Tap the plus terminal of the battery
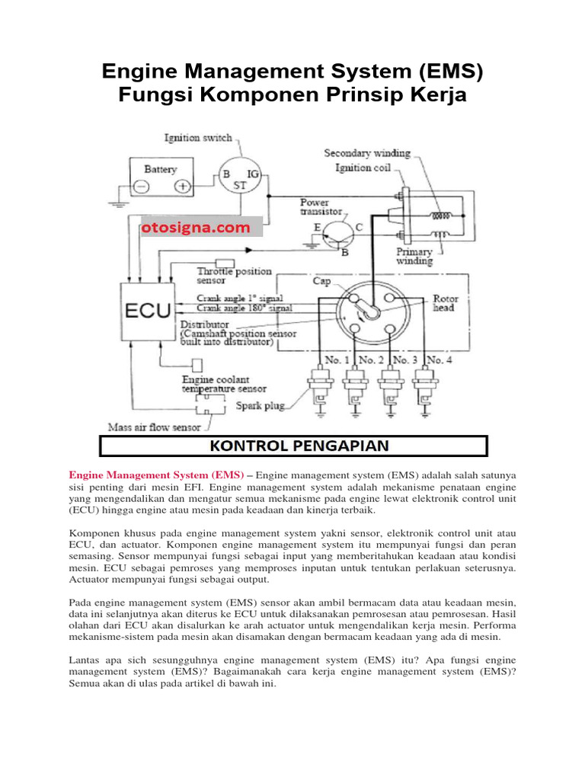pyautogui.click(x=181, y=187)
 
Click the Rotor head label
pyautogui.click(x=445, y=303)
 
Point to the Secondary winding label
pyautogui.click(x=367, y=153)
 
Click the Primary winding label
pyautogui.click(x=414, y=256)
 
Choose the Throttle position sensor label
pyautogui.click(x=234, y=276)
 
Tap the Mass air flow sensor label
pyautogui.click(x=155, y=427)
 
